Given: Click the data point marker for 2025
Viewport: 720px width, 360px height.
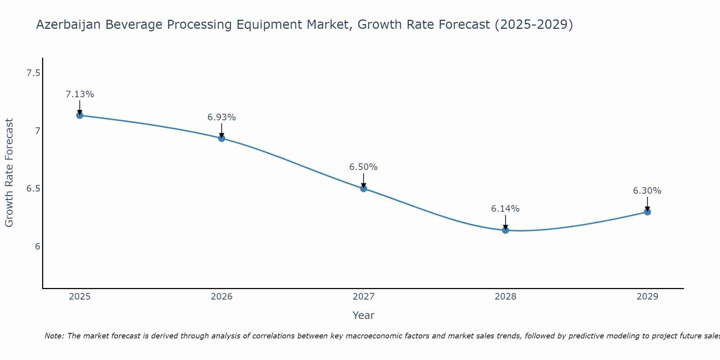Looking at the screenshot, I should click(80, 116).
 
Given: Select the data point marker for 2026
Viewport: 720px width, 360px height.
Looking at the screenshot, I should click(222, 138).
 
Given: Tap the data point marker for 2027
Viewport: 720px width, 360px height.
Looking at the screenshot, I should click(364, 188).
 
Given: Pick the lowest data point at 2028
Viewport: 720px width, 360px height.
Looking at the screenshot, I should click(505, 230).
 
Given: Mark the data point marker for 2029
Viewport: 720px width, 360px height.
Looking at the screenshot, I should click(647, 212).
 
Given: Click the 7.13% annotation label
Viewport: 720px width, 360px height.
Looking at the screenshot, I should click(80, 94).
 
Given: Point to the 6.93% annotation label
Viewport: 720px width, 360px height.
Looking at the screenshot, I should click(222, 117).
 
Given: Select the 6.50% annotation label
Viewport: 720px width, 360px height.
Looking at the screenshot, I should click(364, 167).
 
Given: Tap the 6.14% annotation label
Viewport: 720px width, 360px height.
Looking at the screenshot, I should click(505, 209).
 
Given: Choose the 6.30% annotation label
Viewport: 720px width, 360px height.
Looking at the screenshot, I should click(647, 191).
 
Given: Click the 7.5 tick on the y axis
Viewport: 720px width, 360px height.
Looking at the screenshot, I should click(33, 73).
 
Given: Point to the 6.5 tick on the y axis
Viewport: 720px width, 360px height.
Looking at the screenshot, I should click(33, 189).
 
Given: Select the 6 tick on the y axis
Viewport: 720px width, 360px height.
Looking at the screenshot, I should click(37, 247).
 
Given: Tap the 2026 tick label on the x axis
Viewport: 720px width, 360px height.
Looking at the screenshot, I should click(222, 297).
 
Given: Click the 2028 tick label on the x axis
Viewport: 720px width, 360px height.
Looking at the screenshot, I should click(505, 297).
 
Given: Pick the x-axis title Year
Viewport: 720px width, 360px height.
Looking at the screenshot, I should click(364, 315).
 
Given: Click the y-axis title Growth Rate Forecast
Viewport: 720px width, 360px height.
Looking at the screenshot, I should click(9, 173).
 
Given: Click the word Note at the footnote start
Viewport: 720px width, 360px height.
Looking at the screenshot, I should click(54, 336).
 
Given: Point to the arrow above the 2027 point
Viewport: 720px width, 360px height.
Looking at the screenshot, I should click(364, 180).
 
